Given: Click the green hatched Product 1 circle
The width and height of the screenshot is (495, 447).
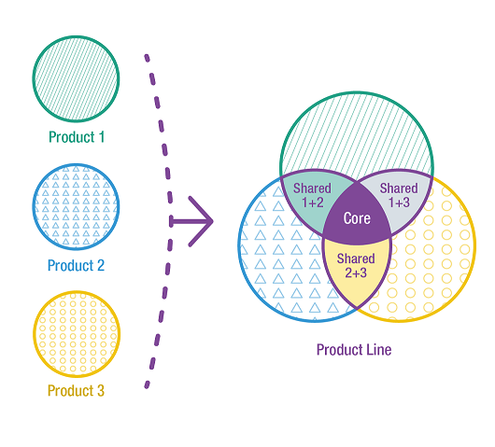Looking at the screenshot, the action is tap(76, 79).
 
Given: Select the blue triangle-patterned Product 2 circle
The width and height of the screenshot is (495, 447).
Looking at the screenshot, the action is tap(76, 206).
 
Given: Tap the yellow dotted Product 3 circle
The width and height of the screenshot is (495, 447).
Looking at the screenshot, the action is tap(77, 334).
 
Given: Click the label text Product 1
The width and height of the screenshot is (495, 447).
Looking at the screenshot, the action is tap(77, 137).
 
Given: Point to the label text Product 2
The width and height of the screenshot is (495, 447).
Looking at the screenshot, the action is tap(76, 265).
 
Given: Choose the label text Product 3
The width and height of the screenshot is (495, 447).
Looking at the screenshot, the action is tap(76, 390).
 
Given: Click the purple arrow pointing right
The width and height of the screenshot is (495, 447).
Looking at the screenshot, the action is tap(191, 221).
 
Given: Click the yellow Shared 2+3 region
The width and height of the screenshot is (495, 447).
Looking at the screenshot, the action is tap(357, 268).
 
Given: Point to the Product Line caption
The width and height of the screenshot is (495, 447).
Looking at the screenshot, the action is tap(354, 350).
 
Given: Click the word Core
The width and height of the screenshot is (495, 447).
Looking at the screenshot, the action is tap(357, 218).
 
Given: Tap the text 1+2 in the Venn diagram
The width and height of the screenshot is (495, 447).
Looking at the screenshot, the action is tap(313, 203).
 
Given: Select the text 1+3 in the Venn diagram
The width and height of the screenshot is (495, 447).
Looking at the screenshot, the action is tap(399, 203).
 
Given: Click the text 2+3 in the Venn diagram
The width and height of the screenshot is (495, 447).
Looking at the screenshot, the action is tap(356, 272).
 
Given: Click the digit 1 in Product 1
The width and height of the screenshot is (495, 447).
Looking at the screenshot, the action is tap(102, 137).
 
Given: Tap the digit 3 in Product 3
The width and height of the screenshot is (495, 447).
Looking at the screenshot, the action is tap(101, 390).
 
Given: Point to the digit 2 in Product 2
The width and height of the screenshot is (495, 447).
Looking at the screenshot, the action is tap(101, 265).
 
